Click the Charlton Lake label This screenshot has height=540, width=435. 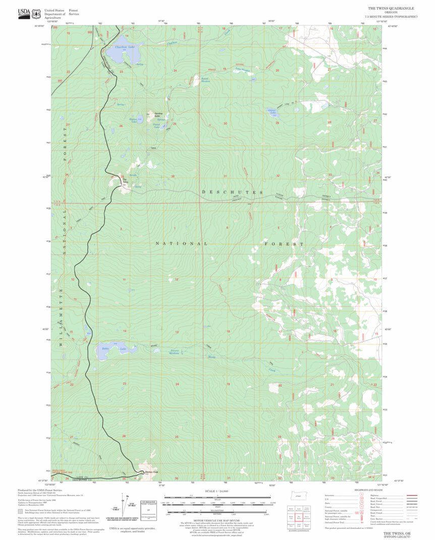click(x=125, y=47)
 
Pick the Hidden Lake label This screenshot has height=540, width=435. click(x=133, y=120)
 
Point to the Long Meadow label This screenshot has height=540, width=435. click(x=243, y=69)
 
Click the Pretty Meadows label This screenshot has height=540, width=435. click(x=175, y=352)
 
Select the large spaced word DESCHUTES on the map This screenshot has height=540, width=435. click(x=233, y=192)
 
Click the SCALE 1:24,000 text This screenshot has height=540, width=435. click(x=217, y=491)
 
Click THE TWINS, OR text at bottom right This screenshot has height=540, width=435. click(x=398, y=533)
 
